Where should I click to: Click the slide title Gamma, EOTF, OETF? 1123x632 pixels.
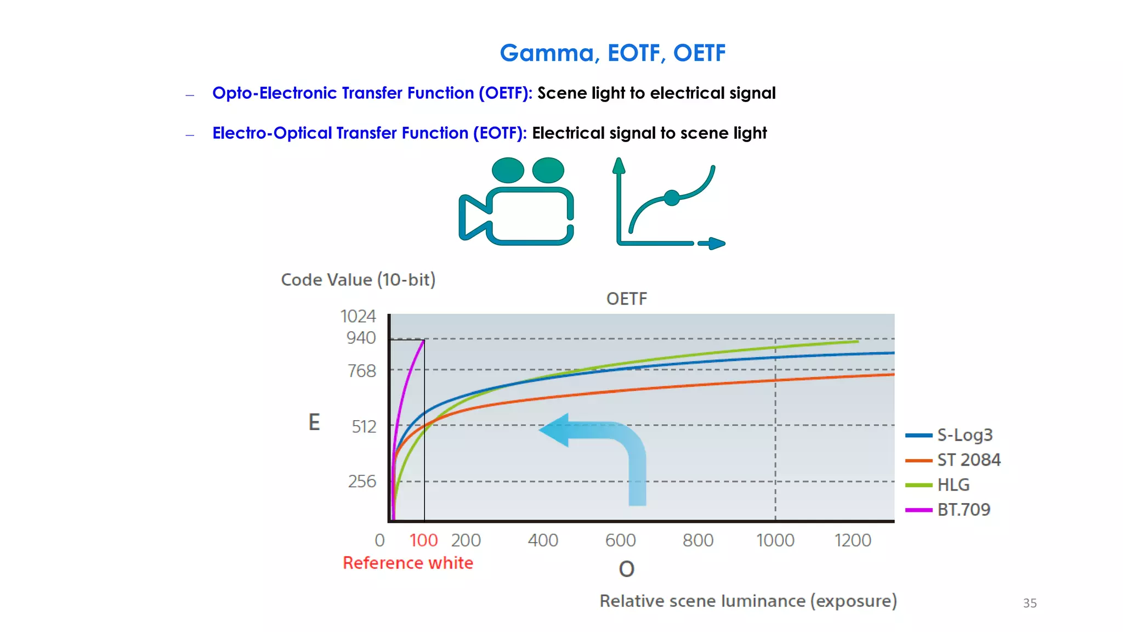[612, 53]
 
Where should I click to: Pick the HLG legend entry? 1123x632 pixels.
[953, 485]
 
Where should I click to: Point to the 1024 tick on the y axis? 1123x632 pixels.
[358, 317]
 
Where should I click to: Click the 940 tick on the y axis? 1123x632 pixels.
[361, 338]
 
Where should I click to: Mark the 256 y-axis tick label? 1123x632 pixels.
[362, 482]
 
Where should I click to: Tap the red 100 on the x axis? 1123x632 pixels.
[423, 540]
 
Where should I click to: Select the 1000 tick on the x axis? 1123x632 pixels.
[775, 540]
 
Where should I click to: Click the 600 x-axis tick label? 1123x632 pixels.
[620, 540]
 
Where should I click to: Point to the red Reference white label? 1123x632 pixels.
[408, 563]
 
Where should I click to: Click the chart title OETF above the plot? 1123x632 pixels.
[627, 299]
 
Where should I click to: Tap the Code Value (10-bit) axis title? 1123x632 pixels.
[358, 280]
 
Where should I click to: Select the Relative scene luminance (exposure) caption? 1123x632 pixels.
[748, 601]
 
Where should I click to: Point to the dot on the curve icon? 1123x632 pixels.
[672, 198]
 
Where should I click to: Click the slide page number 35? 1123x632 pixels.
[1030, 603]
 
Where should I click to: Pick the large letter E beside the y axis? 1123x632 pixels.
[314, 422]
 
